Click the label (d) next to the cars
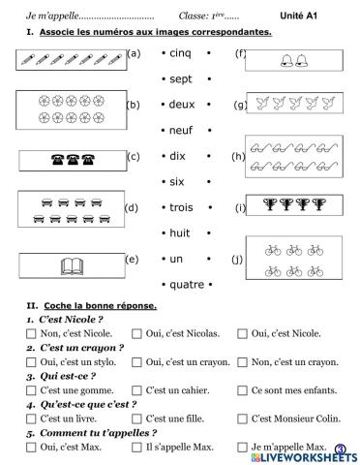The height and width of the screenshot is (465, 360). point(132,207)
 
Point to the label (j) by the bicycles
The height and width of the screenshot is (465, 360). point(238,260)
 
